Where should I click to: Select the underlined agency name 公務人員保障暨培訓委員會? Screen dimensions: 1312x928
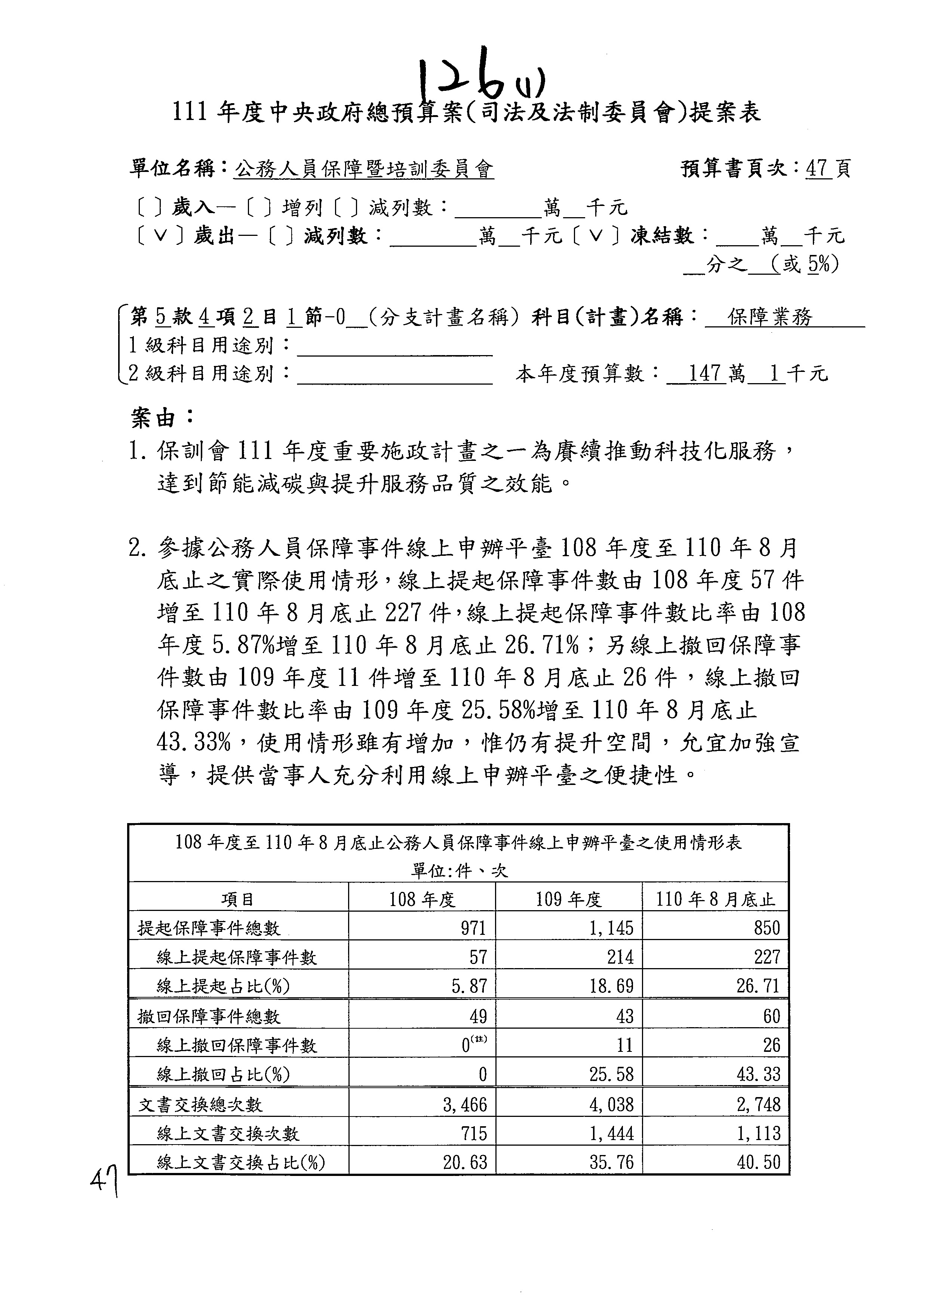coord(364,169)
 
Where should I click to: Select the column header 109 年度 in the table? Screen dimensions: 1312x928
coord(569,900)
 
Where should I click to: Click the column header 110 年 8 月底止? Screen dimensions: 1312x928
coord(715,900)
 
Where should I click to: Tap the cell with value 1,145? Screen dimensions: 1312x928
coord(611,928)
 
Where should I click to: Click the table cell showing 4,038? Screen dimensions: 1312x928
coord(611,1105)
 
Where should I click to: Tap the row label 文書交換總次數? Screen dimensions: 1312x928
coord(200,1105)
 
